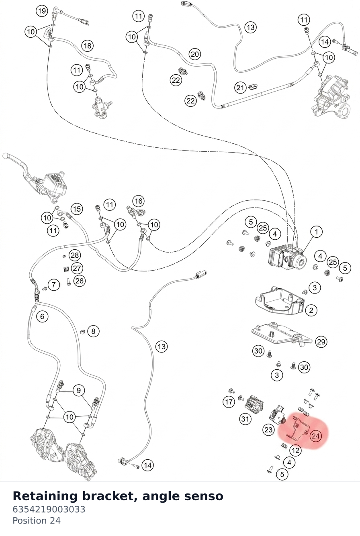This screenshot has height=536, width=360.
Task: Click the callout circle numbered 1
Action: (x=317, y=232)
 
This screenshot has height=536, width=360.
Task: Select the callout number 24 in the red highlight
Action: (x=316, y=436)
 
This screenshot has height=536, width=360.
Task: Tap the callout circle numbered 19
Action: (x=42, y=11)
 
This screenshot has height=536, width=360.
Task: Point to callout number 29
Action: (x=321, y=342)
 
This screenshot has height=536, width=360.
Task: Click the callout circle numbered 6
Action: (x=42, y=316)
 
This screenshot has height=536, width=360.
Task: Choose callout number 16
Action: (x=139, y=201)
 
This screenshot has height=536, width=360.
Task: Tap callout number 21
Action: (x=240, y=88)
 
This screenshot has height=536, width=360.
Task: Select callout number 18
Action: (x=88, y=45)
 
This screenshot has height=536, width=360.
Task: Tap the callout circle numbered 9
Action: (x=79, y=390)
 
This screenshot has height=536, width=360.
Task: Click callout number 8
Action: (x=93, y=331)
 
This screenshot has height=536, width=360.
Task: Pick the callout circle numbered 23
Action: (x=268, y=430)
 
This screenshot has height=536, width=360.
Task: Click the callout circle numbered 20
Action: (x=195, y=54)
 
